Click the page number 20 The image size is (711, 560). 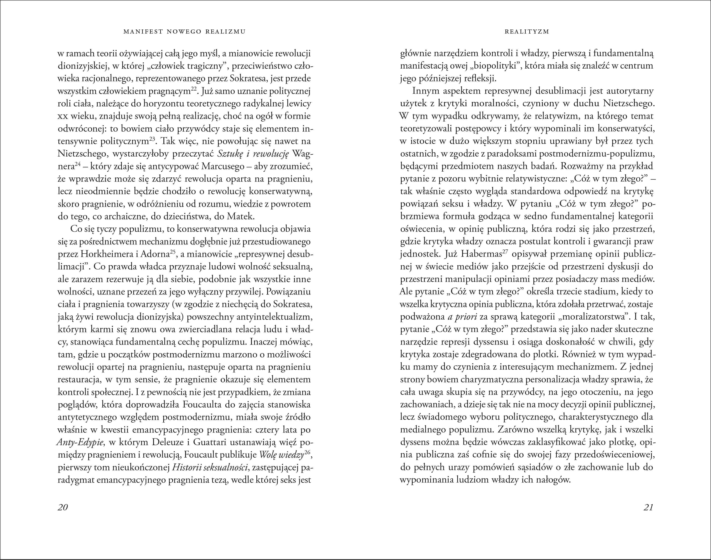pos(62,507)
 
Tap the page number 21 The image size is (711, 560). pos(648,507)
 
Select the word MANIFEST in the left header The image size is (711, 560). pos(144,32)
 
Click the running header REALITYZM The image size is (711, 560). pos(527,32)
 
